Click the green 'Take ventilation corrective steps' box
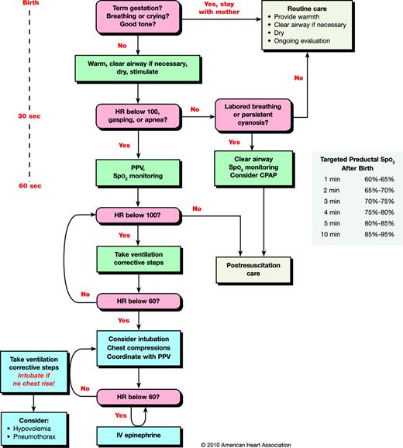point(139,260)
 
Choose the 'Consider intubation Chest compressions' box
point(139,345)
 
